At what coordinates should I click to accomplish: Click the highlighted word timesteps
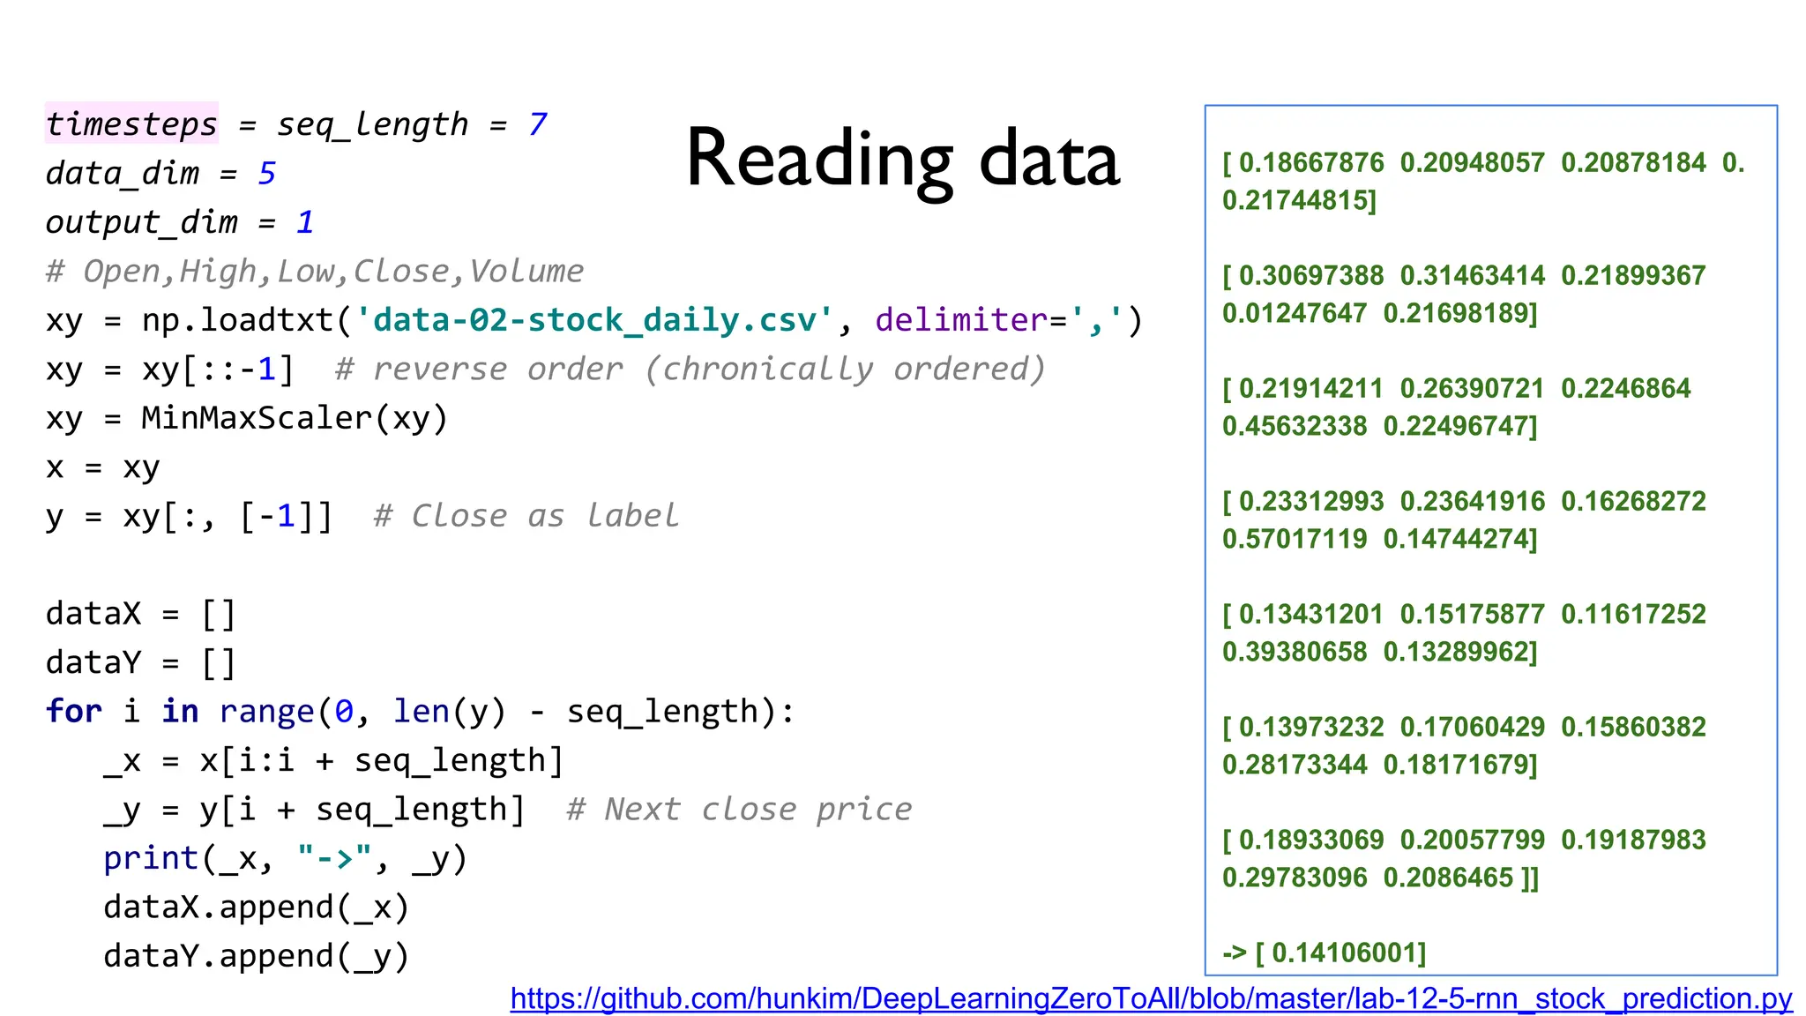click(131, 124)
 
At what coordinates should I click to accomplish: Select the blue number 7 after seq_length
click(538, 124)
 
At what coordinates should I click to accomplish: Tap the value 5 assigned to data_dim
click(266, 174)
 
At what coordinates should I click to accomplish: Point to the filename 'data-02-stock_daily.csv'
click(593, 320)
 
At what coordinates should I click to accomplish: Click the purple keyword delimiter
click(961, 320)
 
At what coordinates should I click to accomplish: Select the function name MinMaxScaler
click(257, 418)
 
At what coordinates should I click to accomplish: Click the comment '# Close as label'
click(526, 516)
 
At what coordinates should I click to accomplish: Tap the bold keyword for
click(74, 712)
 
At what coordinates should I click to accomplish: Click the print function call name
click(151, 858)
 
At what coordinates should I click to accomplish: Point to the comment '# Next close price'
click(739, 810)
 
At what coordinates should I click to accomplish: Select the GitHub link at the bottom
click(1151, 998)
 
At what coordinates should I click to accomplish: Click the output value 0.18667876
click(1311, 163)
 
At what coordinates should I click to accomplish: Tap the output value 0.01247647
click(1295, 313)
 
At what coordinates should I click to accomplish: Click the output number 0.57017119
click(1295, 539)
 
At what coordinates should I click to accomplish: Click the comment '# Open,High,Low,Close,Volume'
click(315, 272)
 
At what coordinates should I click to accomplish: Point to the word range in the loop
click(266, 712)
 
